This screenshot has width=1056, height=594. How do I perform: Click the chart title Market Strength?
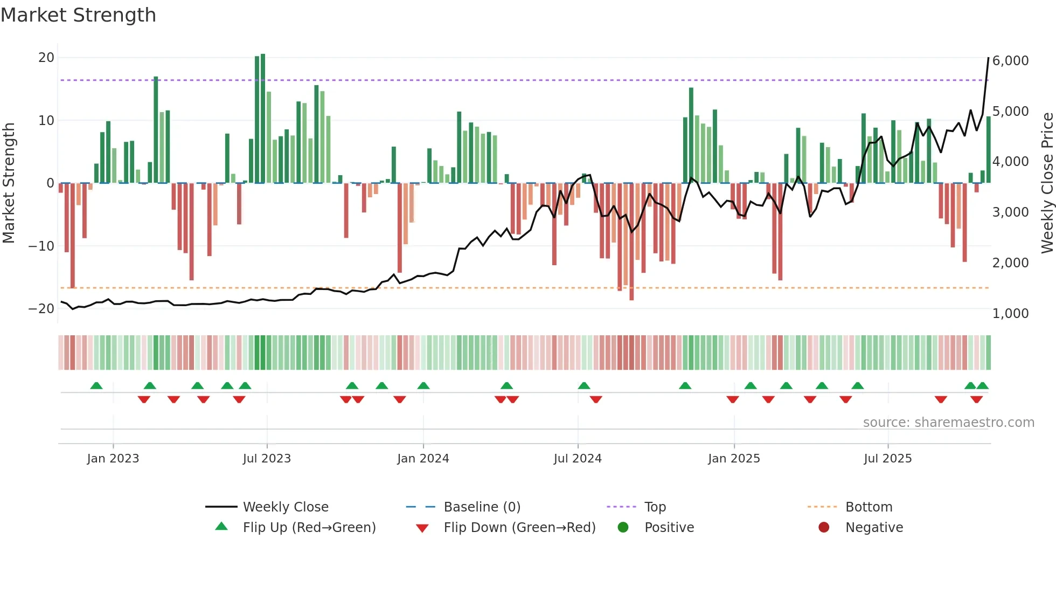(78, 15)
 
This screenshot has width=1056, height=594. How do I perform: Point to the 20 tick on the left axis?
(46, 58)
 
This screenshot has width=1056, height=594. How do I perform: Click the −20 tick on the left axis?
(41, 309)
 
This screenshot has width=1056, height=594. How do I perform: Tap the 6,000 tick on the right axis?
(1010, 61)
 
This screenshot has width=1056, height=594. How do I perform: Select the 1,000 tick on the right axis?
(1010, 313)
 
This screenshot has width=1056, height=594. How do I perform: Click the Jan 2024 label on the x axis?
(423, 459)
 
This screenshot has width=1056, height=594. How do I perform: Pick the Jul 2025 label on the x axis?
(887, 459)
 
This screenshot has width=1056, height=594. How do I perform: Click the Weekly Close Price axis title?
(1047, 183)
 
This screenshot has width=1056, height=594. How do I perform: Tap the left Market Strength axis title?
(9, 183)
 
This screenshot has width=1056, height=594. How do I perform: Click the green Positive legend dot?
(623, 528)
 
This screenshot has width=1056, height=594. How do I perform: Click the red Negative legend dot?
(824, 528)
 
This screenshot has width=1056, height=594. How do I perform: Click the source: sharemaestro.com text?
(948, 423)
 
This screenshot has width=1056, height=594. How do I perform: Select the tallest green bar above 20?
(263, 119)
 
